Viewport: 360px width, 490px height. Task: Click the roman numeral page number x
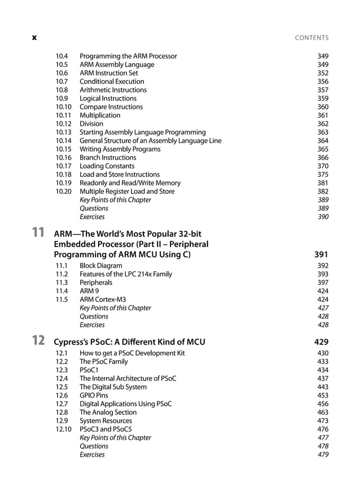[x=34, y=38]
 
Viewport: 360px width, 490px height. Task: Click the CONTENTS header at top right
[x=311, y=38]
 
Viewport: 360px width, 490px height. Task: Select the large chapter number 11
[x=38, y=232]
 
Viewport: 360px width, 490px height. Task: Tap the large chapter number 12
[x=38, y=340]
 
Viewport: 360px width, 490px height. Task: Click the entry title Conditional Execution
[x=112, y=81]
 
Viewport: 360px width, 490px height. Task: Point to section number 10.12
[x=64, y=123]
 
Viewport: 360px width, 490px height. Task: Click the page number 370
[x=323, y=166]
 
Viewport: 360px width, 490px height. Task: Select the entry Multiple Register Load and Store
[x=127, y=191]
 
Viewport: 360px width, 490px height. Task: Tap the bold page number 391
[x=321, y=254]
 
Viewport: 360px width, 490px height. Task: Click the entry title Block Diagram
[x=100, y=266]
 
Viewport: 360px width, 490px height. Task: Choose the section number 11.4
[x=62, y=291]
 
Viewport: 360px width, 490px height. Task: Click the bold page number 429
[x=321, y=342]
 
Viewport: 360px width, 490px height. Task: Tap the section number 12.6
[x=62, y=395]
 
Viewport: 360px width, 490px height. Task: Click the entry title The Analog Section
[x=108, y=412]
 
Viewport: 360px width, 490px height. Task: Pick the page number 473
[x=323, y=421]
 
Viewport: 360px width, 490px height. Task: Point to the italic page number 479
[x=323, y=454]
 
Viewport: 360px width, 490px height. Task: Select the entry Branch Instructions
[x=108, y=157]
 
